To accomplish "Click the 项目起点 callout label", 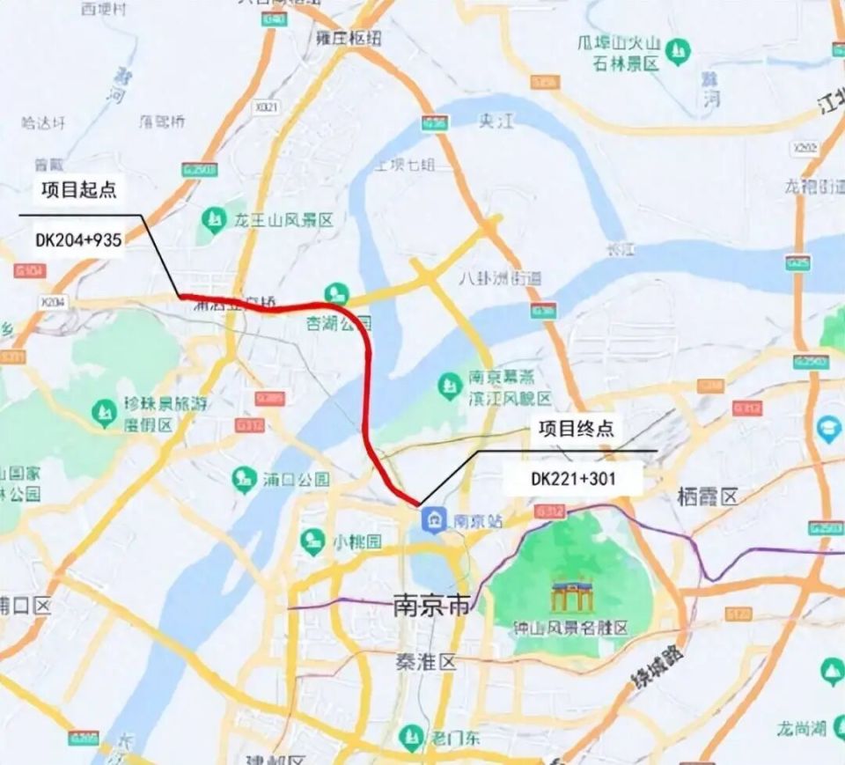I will pos(78,189).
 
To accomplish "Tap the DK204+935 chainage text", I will pos(78,239).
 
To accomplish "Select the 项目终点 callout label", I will pos(576,429).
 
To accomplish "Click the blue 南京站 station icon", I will pos(432,520).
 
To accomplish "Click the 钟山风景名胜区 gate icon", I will pos(564,596).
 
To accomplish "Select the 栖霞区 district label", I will pos(707,497).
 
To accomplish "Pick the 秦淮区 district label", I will pos(424,663).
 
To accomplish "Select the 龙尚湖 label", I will pos(800,728).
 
